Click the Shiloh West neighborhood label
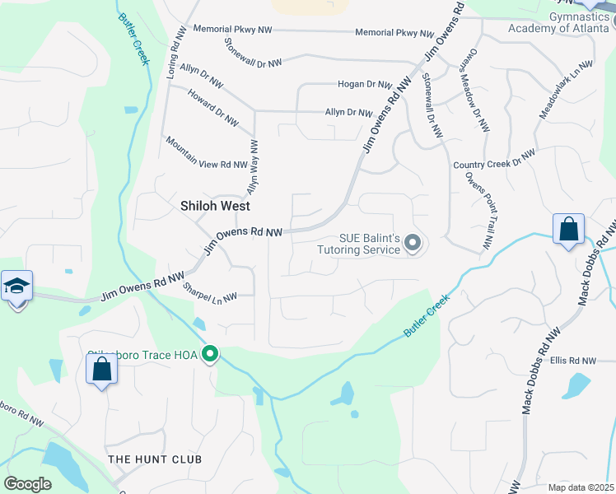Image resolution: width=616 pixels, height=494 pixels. pos(215,206)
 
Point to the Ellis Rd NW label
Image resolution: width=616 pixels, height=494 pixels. pos(572,361)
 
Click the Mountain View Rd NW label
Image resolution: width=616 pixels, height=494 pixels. pos(195,152)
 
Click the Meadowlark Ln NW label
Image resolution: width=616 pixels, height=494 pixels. pos(566,91)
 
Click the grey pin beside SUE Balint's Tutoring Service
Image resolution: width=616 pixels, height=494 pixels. pos(413,244)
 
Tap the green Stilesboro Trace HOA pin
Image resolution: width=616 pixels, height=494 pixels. pos(210,354)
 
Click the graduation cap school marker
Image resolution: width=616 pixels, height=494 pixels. pos(16,286)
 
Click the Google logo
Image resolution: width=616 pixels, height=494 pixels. pos(27,484)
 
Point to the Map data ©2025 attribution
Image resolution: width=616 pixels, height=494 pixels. pos(580,487)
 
